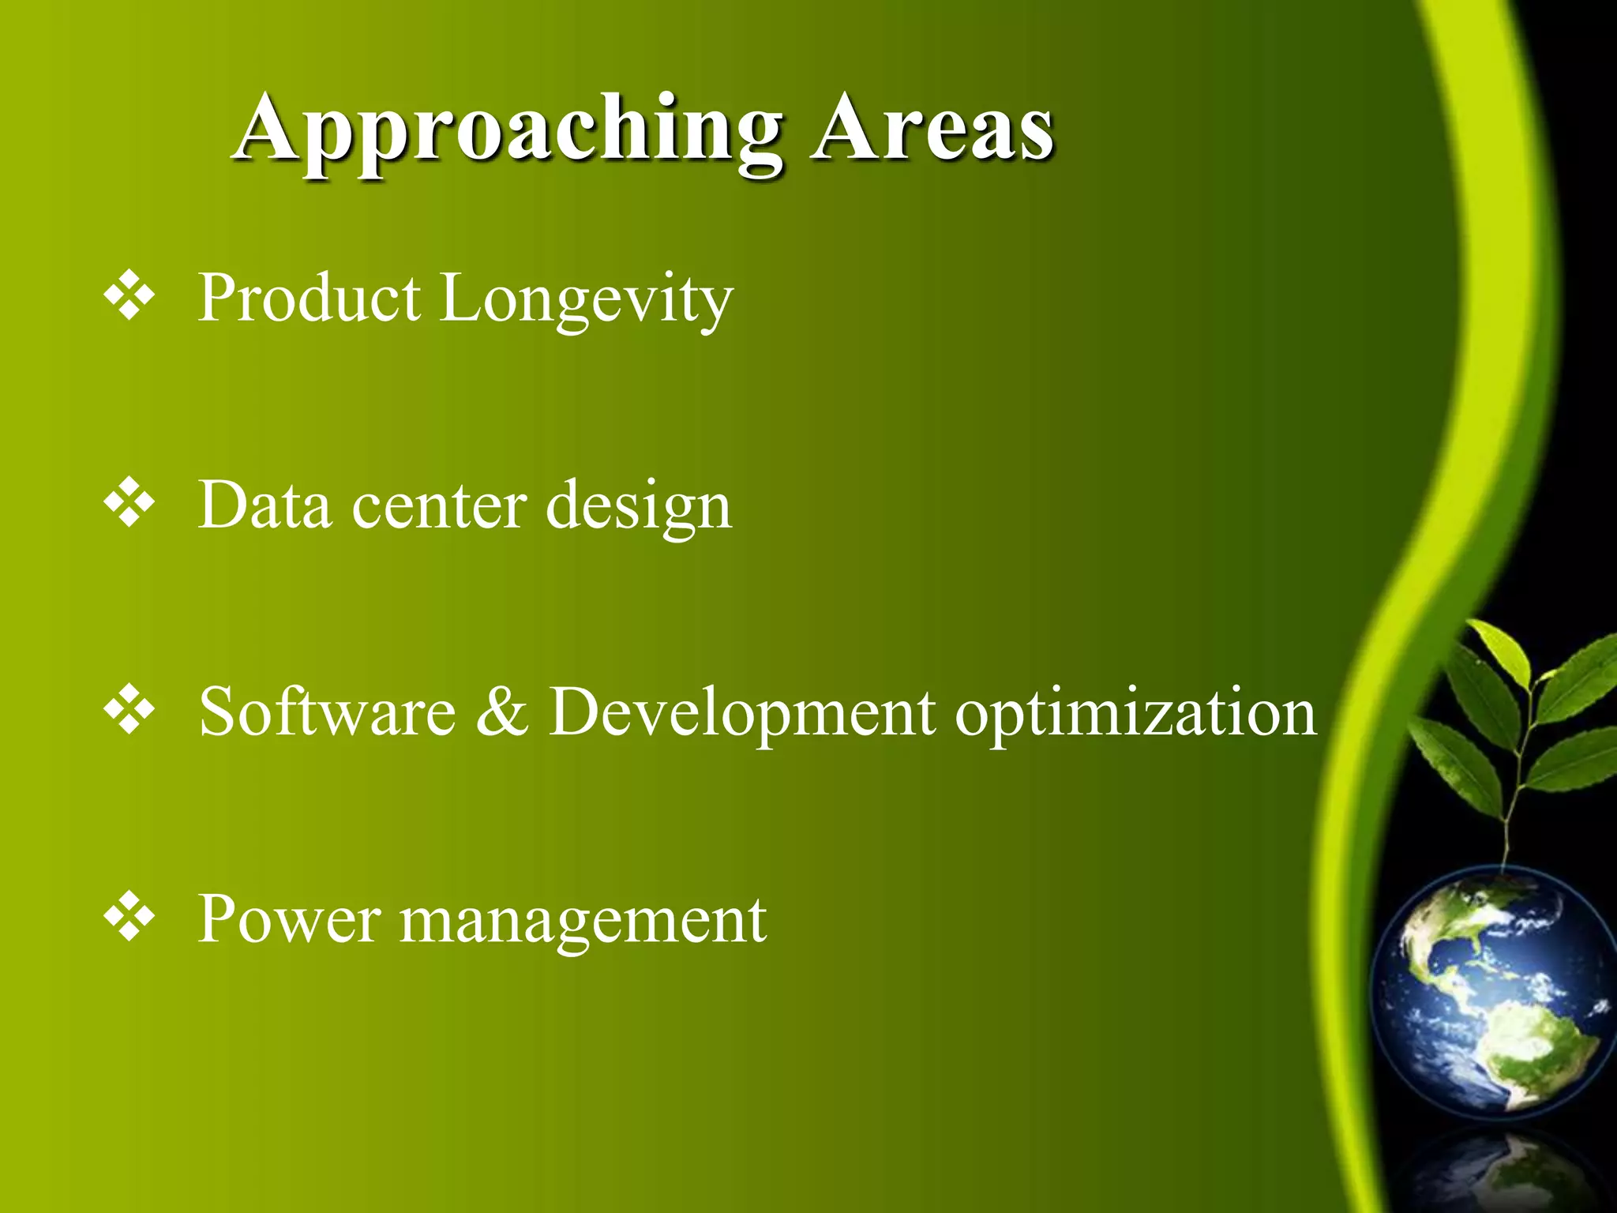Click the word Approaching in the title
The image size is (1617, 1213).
coord(508,130)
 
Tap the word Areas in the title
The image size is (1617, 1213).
coord(935,130)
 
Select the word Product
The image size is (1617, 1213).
coord(309,299)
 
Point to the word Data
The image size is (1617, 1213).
coord(264,505)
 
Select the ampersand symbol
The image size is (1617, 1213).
coord(502,712)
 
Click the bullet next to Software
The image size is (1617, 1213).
coord(129,711)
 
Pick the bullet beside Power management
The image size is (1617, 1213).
coord(129,918)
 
